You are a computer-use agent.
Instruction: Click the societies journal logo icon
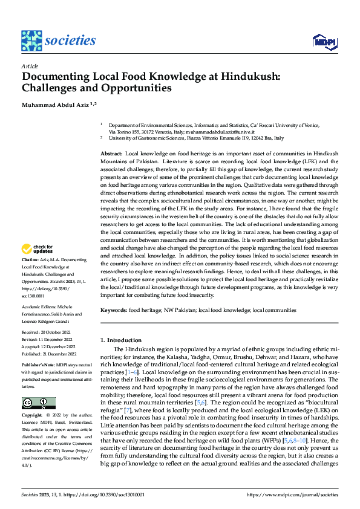click(31, 41)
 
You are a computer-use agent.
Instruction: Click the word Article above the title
click(30, 65)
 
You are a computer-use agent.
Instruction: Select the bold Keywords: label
click(114, 310)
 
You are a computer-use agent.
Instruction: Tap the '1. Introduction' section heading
click(121, 341)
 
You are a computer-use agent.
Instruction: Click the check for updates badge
click(38, 249)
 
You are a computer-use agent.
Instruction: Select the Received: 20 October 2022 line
click(49, 332)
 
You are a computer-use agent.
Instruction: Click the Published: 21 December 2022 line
click(50, 353)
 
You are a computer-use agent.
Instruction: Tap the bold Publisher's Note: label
click(38, 366)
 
